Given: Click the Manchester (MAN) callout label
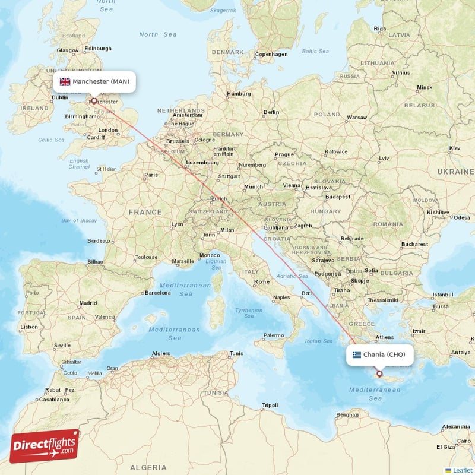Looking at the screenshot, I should pyautogui.click(x=94, y=81).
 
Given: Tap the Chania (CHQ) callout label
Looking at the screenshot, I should pyautogui.click(x=379, y=355).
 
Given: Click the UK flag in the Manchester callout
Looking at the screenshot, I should pyautogui.click(x=65, y=81).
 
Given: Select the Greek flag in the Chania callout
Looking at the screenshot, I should pyautogui.click(x=357, y=355).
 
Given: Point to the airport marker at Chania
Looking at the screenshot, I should pyautogui.click(x=379, y=374).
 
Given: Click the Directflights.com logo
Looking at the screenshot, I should pyautogui.click(x=45, y=445).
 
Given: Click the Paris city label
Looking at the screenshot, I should pyautogui.click(x=151, y=175).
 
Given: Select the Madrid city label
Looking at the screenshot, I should pyautogui.click(x=88, y=303).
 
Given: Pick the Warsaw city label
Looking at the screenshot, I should pyautogui.click(x=357, y=118).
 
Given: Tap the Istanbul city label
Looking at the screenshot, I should pyautogui.click(x=442, y=294).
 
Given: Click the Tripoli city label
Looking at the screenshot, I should pyautogui.click(x=270, y=406).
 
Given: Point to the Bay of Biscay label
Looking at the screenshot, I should pyautogui.click(x=79, y=220).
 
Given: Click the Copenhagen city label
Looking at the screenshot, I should pyautogui.click(x=271, y=55).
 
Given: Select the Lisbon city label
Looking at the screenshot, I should pyautogui.click(x=29, y=327).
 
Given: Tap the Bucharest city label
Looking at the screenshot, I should pyautogui.click(x=414, y=244).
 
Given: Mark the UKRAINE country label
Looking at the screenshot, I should pyautogui.click(x=455, y=171).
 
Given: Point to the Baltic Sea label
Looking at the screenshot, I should pyautogui.click(x=315, y=52).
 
